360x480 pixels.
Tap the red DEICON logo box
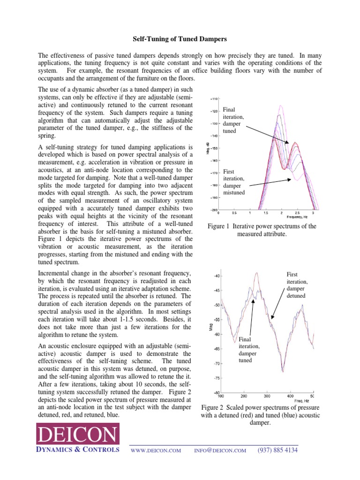[78, 435]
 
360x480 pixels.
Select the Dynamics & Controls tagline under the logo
[78, 450]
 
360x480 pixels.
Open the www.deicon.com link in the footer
[156, 450]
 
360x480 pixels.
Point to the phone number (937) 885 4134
[277, 450]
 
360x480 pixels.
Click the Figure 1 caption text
[262, 230]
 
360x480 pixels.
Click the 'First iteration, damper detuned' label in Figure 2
[297, 285]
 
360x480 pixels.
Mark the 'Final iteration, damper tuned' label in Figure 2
[249, 349]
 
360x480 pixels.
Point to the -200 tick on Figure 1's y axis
[213, 210]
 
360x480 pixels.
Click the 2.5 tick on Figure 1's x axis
[297, 213]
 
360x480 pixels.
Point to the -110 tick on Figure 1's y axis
[213, 99]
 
